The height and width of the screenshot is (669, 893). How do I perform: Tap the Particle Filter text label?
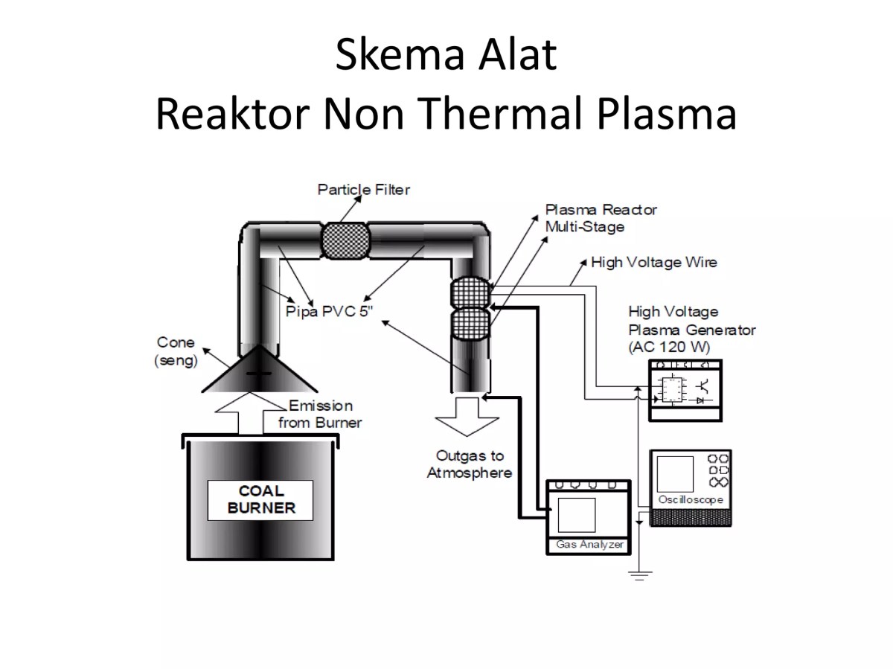(x=363, y=190)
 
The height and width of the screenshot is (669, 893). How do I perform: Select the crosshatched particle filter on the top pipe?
(x=345, y=240)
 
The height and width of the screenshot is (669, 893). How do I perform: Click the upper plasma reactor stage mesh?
(x=470, y=290)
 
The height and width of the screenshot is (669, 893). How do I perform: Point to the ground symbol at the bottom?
(x=638, y=574)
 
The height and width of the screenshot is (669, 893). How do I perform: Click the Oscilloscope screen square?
(x=676, y=474)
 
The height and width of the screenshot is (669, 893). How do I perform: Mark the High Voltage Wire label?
(x=653, y=262)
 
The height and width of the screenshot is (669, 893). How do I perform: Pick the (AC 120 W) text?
(x=669, y=346)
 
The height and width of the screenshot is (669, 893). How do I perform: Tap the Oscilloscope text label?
(x=691, y=499)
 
